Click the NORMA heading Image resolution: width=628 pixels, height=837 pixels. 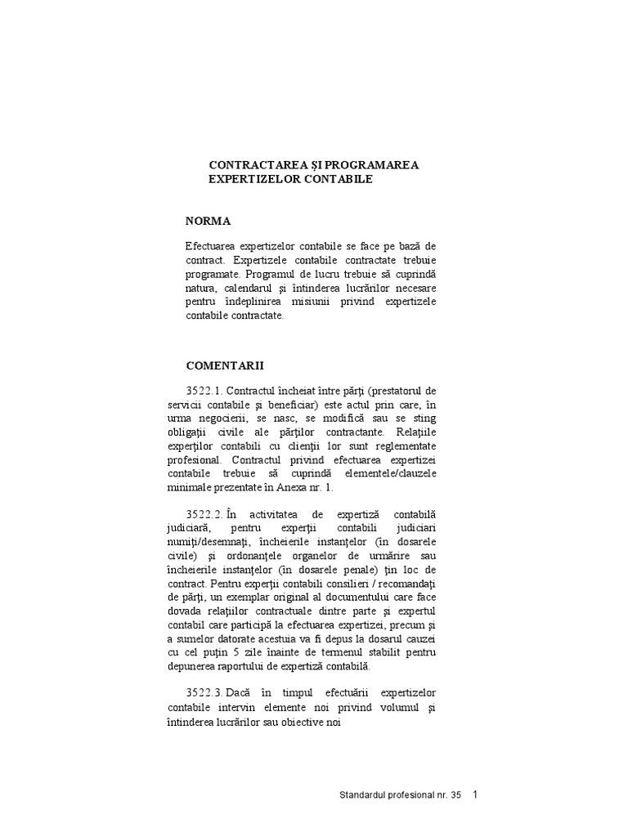coord(208,221)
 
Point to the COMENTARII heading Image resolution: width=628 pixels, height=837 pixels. coord(225,365)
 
